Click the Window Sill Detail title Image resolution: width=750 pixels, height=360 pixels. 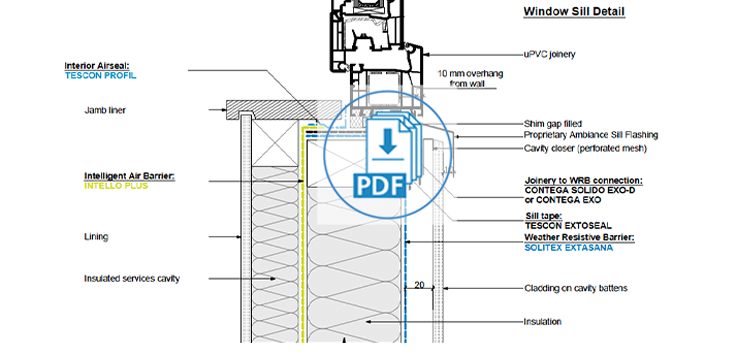[574, 12]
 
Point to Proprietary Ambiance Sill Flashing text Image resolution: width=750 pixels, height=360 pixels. [591, 135]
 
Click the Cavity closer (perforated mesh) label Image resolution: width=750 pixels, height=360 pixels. [585, 148]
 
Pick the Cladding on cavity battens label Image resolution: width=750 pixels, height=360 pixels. [575, 288]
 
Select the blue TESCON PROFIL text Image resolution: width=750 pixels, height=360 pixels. [99, 75]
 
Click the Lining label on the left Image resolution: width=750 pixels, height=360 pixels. [96, 238]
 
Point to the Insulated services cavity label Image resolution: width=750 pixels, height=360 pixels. [131, 278]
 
